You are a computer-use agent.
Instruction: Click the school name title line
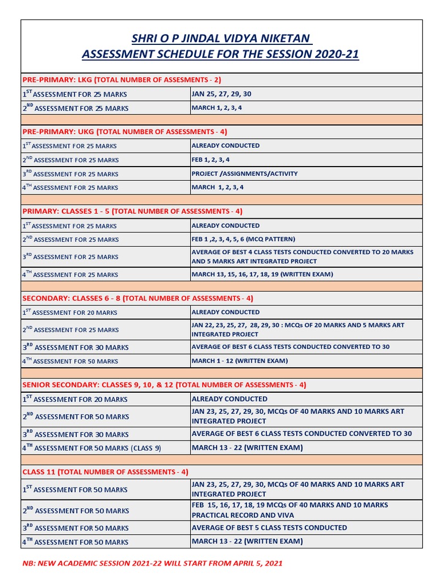221,39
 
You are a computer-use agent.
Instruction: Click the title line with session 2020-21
221,55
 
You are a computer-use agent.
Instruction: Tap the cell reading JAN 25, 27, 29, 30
221,94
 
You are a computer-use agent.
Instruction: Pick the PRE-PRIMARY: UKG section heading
124,131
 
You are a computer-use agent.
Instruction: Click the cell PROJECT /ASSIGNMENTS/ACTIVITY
245,173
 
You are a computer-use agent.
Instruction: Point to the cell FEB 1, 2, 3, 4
211,160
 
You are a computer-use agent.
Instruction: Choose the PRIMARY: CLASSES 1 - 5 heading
132,211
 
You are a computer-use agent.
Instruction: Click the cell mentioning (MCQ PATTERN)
244,239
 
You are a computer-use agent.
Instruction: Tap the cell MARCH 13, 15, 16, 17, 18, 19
262,274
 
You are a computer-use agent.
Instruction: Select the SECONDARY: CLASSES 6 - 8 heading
138,298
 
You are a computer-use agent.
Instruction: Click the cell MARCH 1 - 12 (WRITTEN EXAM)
240,360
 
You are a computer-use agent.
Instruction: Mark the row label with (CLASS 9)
92,448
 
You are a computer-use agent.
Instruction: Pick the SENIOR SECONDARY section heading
164,385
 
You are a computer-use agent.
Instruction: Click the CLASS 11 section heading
105,472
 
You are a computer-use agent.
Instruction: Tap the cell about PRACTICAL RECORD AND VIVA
290,510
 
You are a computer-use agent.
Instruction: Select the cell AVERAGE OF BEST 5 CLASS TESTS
269,527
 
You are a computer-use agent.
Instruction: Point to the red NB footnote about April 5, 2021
152,563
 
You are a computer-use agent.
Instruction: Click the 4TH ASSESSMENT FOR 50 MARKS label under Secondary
70,361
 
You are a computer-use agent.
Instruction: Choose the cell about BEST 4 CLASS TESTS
303,256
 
